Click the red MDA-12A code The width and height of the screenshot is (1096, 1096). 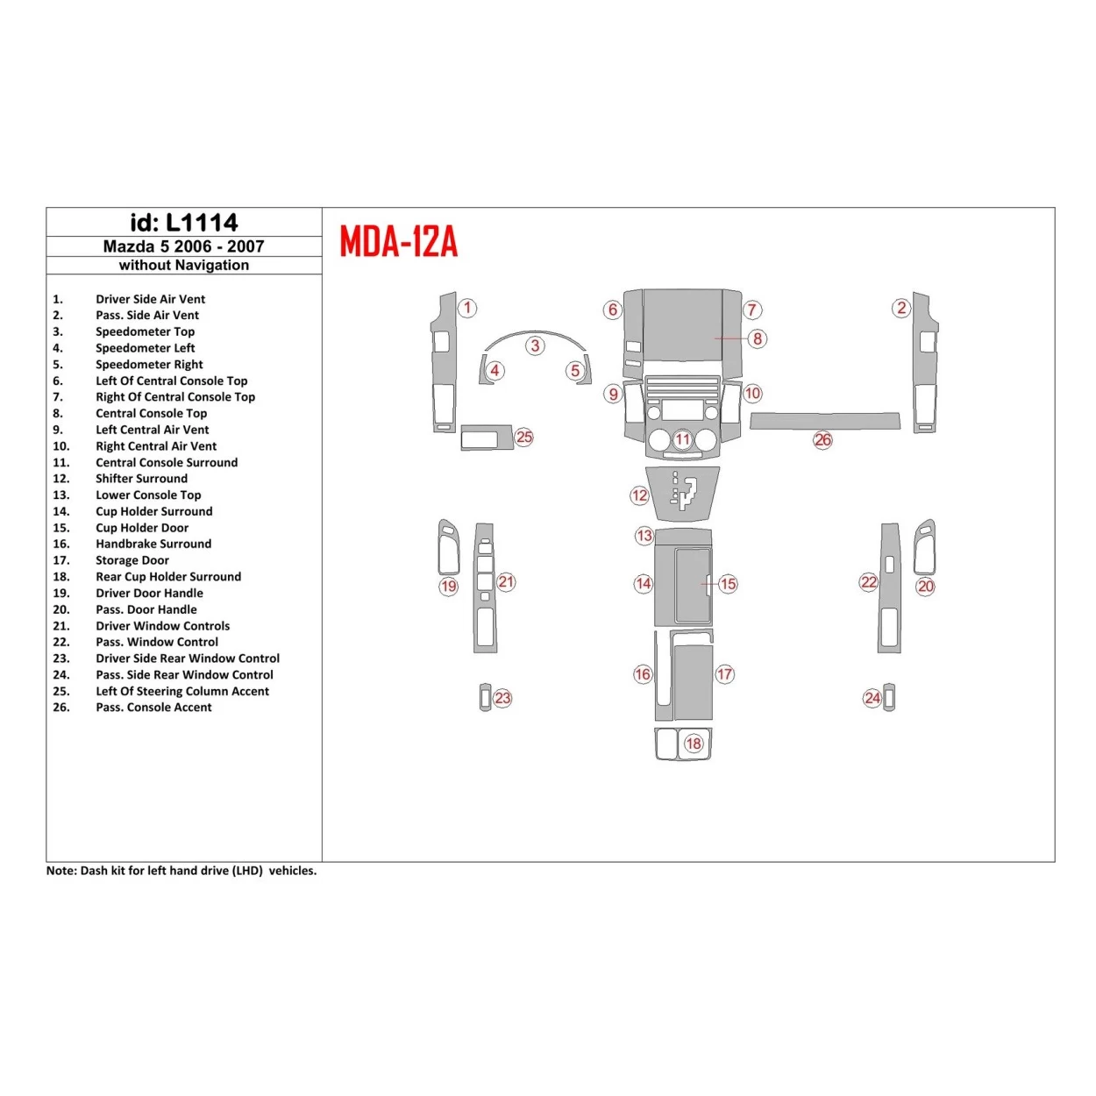coord(399,241)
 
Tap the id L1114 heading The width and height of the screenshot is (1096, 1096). coord(184,223)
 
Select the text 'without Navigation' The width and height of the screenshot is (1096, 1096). coord(184,266)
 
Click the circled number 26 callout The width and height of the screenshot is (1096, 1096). coord(822,440)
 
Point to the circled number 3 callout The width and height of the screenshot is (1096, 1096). coord(535,345)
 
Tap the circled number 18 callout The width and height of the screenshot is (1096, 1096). coord(694,744)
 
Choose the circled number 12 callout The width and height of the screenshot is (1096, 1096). coord(639,495)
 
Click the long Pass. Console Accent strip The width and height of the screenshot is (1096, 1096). coord(824,421)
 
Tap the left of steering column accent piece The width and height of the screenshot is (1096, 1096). coord(485,437)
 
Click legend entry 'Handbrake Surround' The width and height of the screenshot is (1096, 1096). coord(153,544)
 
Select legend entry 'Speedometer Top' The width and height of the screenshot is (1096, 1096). coord(145,331)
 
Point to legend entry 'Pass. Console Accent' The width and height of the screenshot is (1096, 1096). coord(153,708)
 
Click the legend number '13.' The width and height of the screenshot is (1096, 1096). coord(60,495)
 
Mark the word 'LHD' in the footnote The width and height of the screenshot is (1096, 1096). coord(249,871)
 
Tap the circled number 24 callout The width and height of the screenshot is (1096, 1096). coord(872,698)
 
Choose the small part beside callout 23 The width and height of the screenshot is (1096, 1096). coord(485,697)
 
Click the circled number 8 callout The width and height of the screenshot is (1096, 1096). coord(758,338)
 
